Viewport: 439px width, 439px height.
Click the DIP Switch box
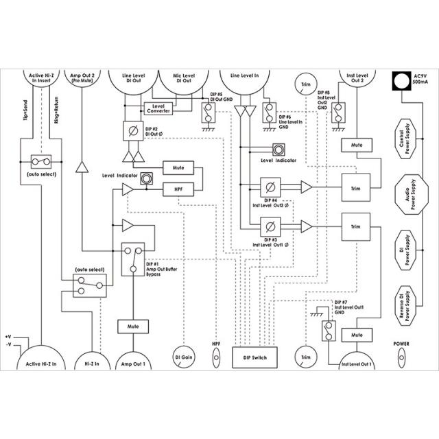coord(255,357)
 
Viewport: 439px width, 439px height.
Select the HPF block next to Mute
coord(178,190)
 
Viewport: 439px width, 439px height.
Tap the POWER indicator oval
coord(402,357)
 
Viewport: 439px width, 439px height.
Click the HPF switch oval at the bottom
coord(216,357)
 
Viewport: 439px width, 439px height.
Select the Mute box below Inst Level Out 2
coord(356,146)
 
